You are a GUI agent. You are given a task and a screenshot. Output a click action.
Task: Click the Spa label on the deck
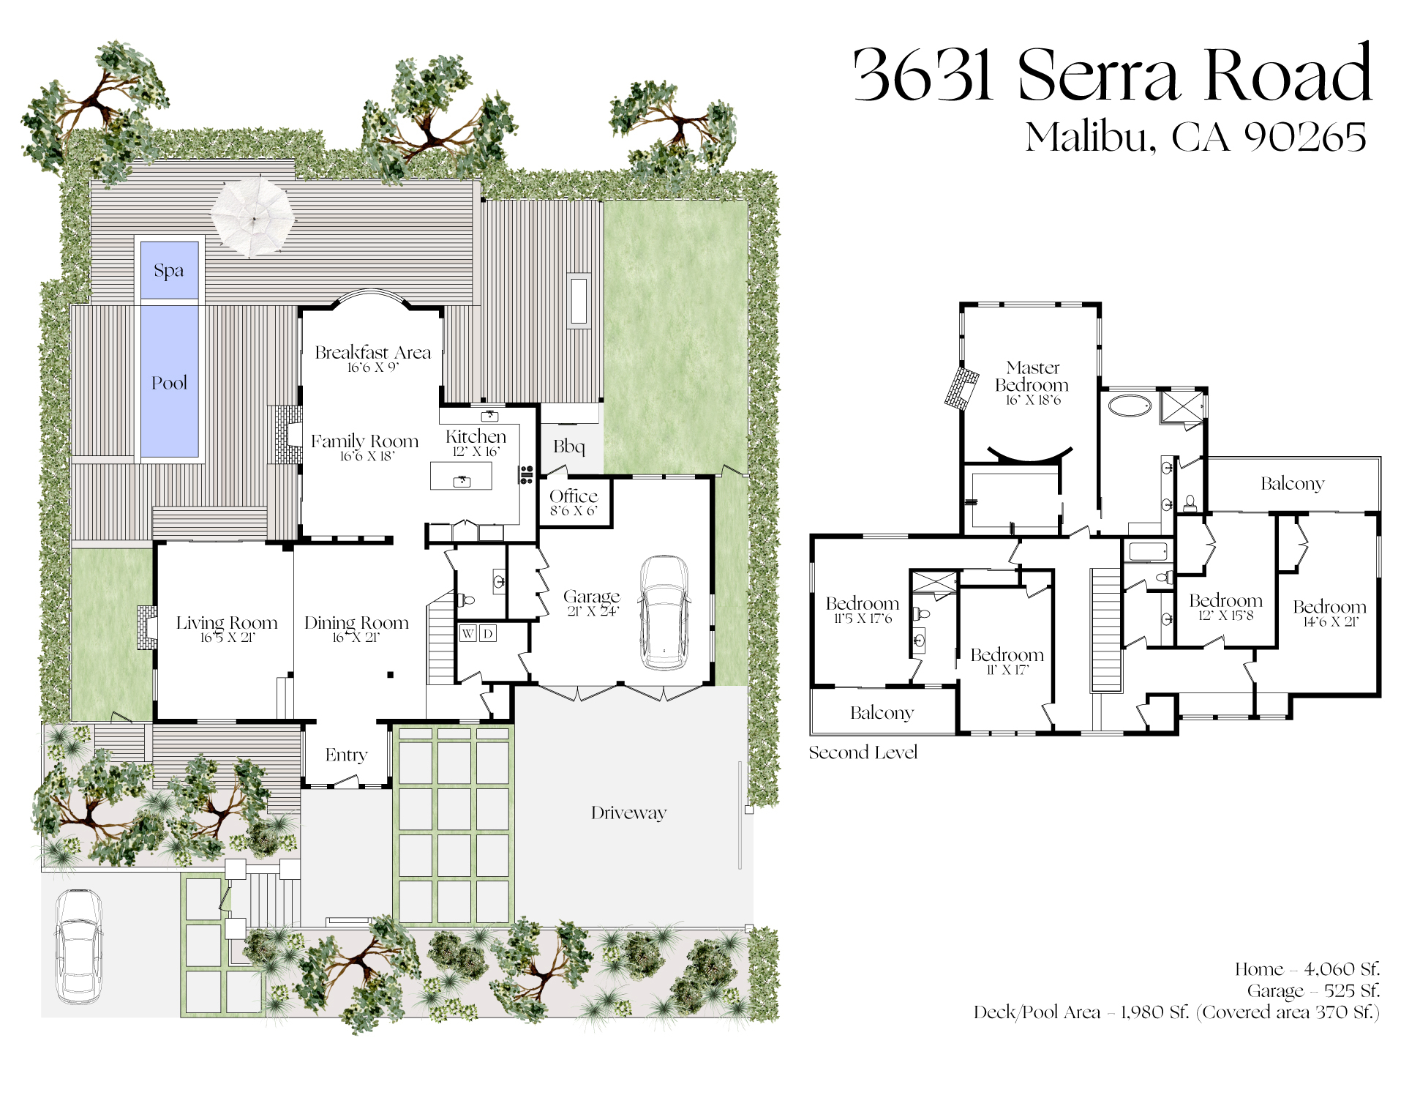click(169, 271)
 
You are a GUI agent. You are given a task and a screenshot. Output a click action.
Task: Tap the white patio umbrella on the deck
click(253, 217)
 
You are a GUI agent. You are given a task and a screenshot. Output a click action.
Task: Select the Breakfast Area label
click(373, 352)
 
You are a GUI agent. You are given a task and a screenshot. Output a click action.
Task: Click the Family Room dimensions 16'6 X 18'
click(367, 457)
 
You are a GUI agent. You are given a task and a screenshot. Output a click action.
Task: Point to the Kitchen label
click(476, 436)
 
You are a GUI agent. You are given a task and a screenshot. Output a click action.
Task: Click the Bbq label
click(568, 447)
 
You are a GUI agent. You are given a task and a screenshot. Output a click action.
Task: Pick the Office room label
click(574, 496)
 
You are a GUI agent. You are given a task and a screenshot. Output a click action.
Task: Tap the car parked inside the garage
click(664, 613)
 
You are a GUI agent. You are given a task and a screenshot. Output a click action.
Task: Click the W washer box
click(468, 633)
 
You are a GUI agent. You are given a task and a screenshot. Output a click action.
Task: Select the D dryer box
click(488, 633)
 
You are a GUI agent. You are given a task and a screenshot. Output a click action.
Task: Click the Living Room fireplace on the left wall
click(147, 627)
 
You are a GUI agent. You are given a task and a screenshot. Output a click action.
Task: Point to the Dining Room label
click(356, 623)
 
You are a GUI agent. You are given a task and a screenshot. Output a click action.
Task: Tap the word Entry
click(346, 755)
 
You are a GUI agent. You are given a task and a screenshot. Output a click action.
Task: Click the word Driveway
click(629, 813)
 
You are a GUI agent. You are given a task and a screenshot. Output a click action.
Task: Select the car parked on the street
click(79, 946)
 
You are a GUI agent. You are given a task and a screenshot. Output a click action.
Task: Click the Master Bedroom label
click(1032, 376)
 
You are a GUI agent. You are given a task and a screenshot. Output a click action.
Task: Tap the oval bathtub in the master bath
click(1130, 406)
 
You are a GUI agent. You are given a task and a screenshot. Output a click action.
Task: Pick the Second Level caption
click(863, 752)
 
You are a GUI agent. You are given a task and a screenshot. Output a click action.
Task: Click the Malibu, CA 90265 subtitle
click(1195, 137)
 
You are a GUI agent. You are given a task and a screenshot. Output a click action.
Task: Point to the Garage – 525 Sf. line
click(1314, 991)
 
